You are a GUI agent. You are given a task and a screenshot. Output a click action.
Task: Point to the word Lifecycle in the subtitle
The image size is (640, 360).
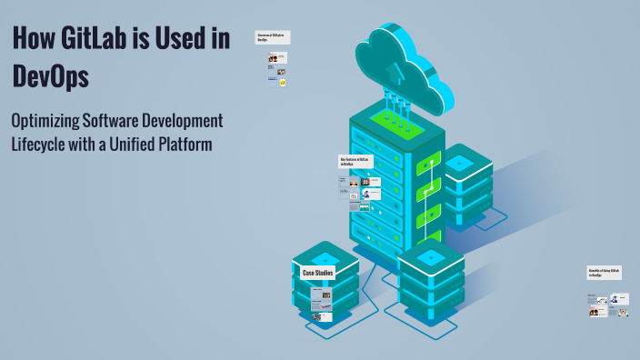click(x=40, y=144)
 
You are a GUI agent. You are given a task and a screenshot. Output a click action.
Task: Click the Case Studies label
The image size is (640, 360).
click(x=318, y=273)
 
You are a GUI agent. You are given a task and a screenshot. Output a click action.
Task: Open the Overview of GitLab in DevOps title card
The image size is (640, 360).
click(x=270, y=38)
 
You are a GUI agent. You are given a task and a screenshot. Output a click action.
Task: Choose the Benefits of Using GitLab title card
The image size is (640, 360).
click(x=603, y=273)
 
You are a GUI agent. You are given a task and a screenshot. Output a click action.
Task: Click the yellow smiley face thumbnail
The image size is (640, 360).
click(x=283, y=83)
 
